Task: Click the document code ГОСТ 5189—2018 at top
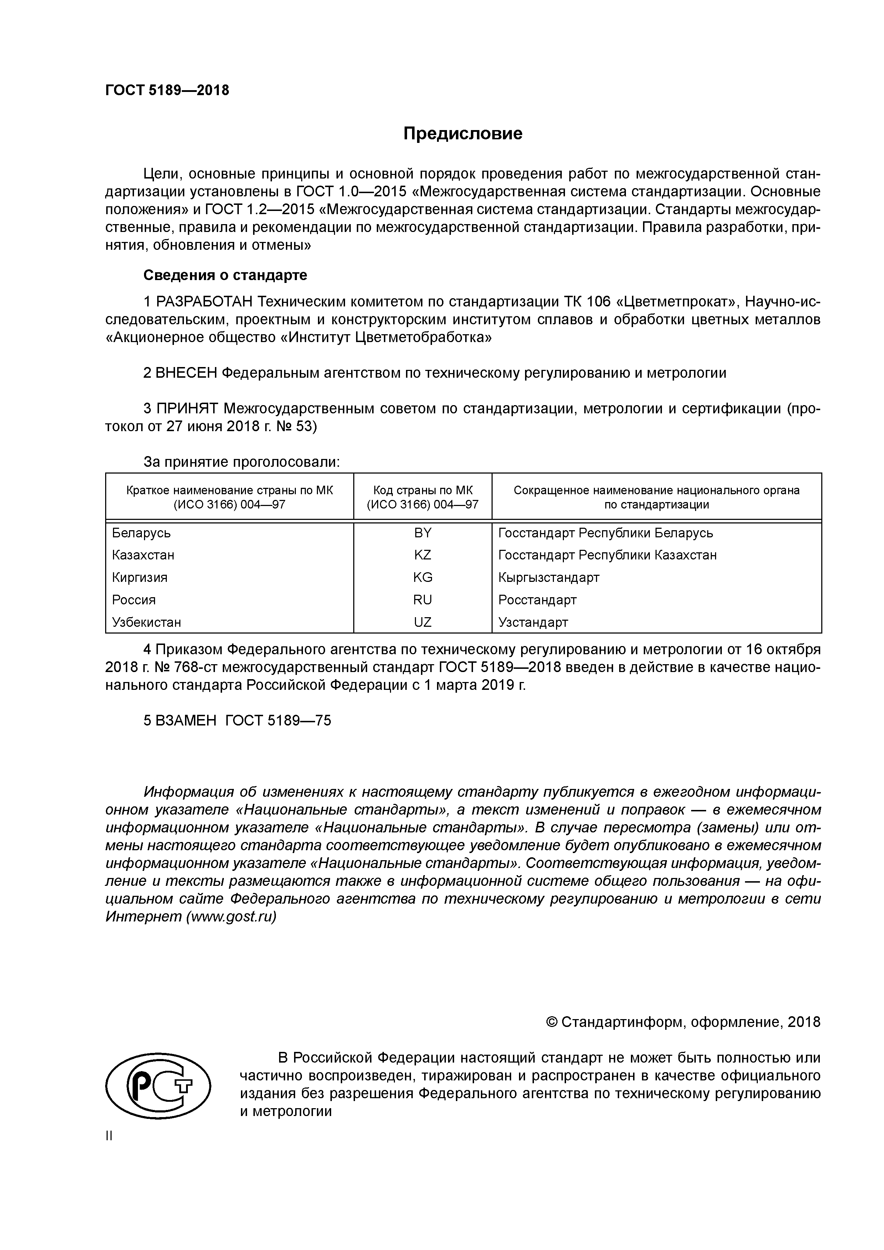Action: coord(167,91)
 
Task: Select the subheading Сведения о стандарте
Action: coord(225,275)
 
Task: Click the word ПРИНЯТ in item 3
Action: coord(187,408)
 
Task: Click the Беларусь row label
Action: coord(141,533)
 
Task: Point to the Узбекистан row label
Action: coord(147,622)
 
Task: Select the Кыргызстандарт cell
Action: coord(549,578)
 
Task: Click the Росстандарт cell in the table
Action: coord(537,600)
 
